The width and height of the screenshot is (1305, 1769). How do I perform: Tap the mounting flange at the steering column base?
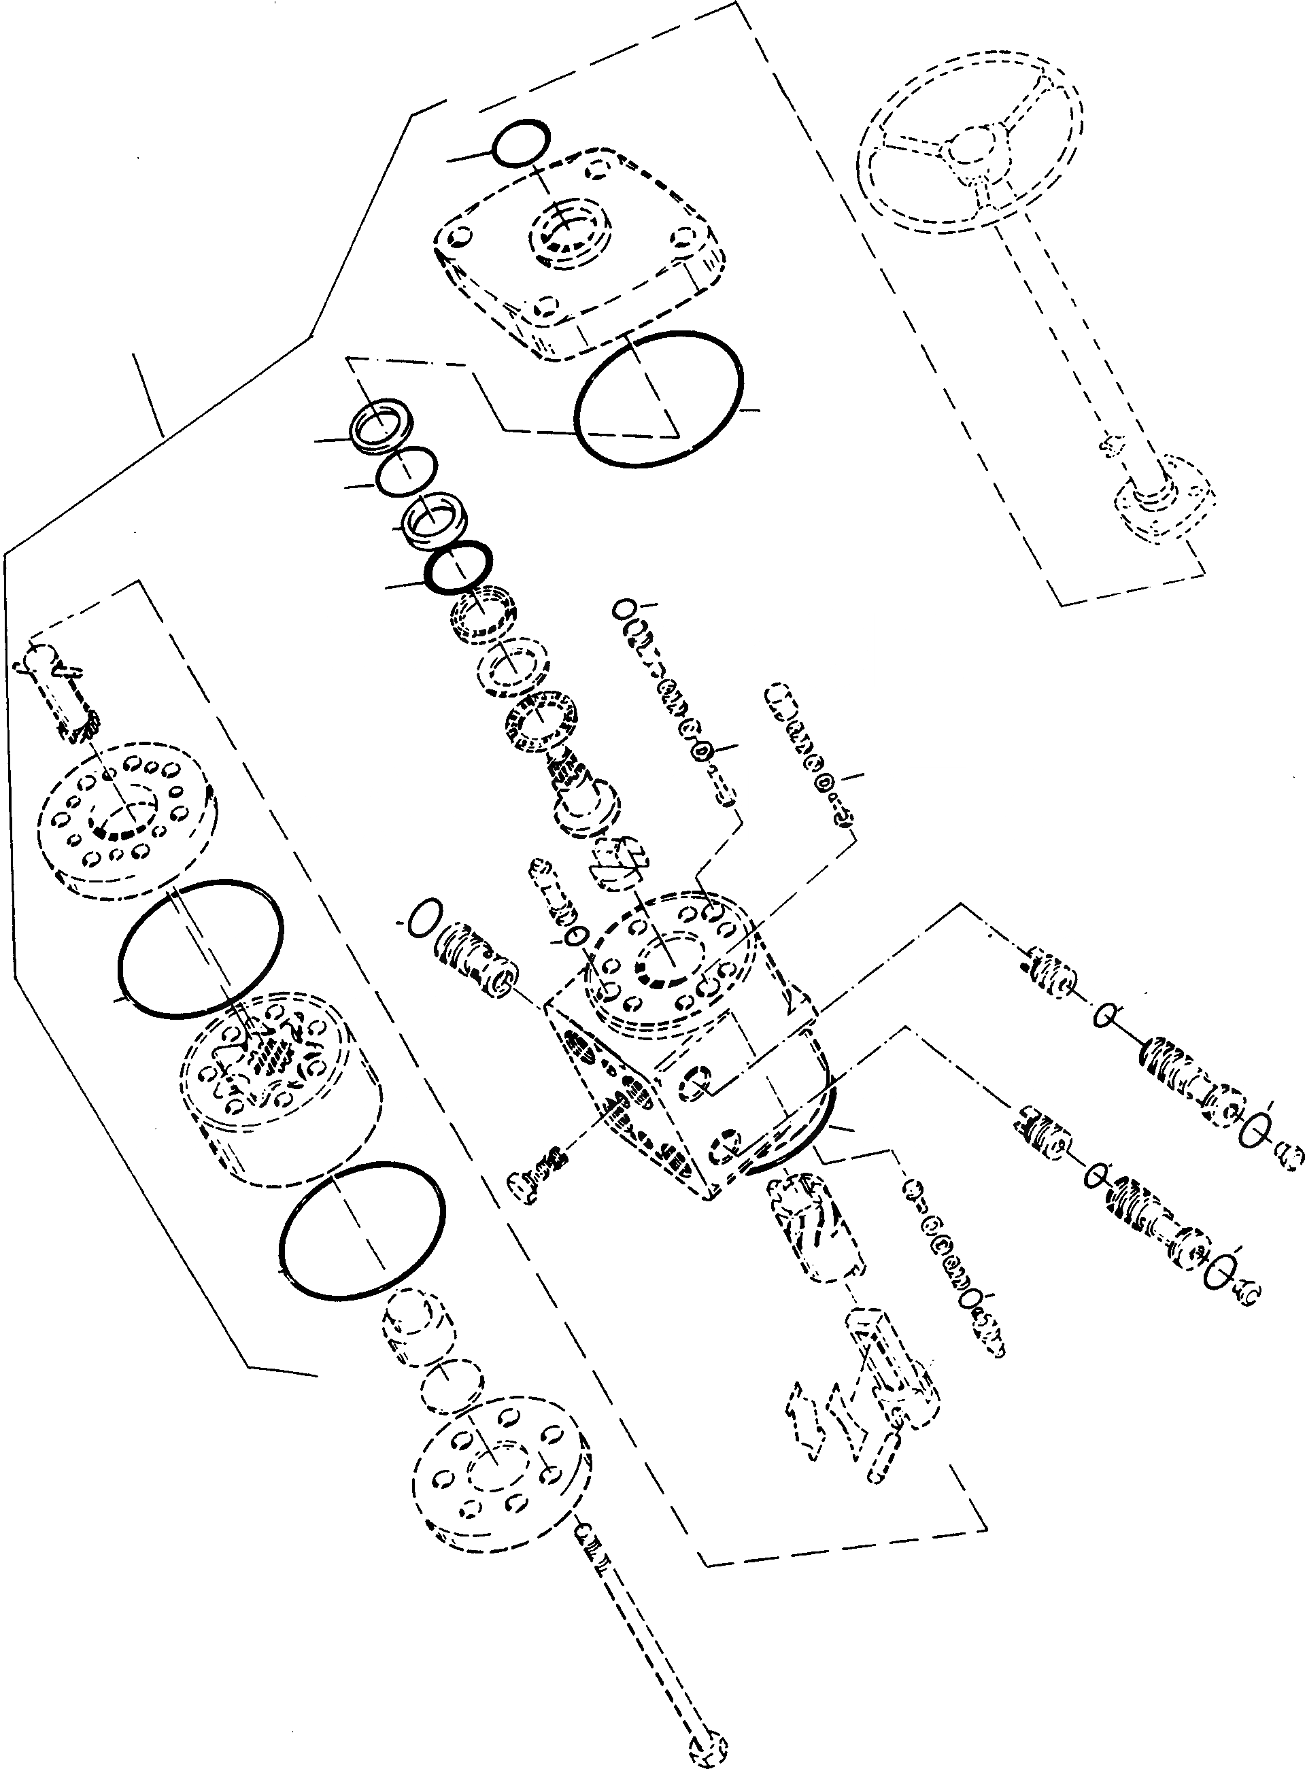1164,497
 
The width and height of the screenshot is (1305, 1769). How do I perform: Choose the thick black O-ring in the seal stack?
458,566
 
